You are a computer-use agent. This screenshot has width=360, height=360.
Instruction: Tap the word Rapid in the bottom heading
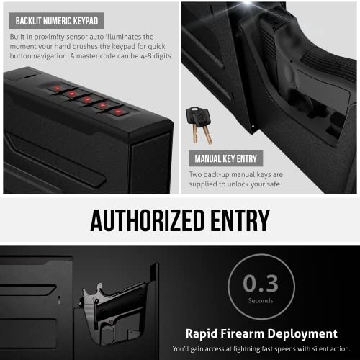click(x=204, y=333)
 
